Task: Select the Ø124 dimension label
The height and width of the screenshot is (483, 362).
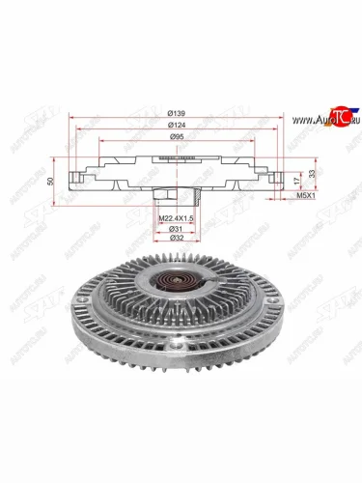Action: click(174, 127)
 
